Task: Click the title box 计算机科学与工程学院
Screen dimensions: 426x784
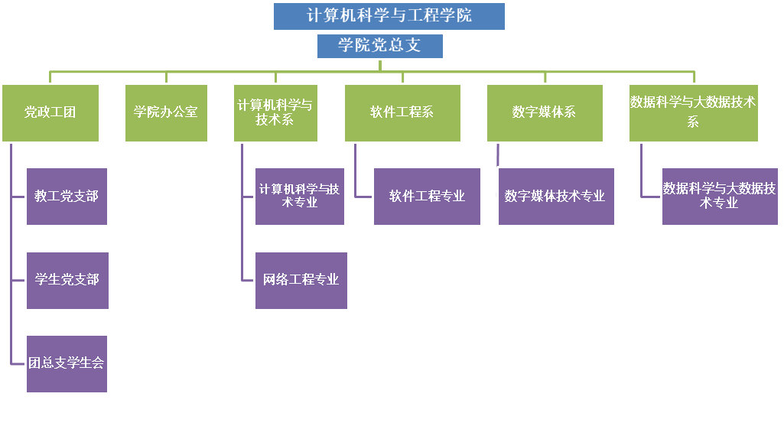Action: pyautogui.click(x=389, y=16)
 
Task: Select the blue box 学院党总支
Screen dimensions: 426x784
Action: pyautogui.click(x=380, y=46)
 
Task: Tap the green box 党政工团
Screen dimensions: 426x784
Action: pyautogui.click(x=50, y=112)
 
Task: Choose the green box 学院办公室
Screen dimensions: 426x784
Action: pyautogui.click(x=166, y=112)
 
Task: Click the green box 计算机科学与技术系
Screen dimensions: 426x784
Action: pyautogui.click(x=275, y=112)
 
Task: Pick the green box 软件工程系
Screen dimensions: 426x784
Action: pyautogui.click(x=402, y=112)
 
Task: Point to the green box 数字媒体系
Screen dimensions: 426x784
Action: pyautogui.click(x=545, y=112)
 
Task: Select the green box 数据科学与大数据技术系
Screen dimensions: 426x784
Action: pyautogui.click(x=693, y=112)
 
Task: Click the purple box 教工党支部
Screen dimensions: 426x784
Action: pyautogui.click(x=67, y=197)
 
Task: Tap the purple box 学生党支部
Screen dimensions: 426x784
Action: pyautogui.click(x=67, y=280)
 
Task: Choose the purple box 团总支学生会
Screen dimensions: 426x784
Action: pyautogui.click(x=67, y=363)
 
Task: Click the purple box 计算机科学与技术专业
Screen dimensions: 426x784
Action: pyautogui.click(x=299, y=197)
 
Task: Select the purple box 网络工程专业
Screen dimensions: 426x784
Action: pyautogui.click(x=301, y=280)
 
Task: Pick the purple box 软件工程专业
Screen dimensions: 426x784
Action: pyautogui.click(x=427, y=197)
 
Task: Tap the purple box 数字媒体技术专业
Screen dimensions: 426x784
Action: pyautogui.click(x=556, y=197)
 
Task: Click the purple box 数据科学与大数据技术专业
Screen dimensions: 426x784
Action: pyautogui.click(x=720, y=197)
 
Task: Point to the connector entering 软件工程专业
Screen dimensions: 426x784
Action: pyautogui.click(x=364, y=197)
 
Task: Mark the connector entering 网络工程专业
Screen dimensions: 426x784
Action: pyautogui.click(x=248, y=280)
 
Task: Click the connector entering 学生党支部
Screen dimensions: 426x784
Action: pyautogui.click(x=19, y=280)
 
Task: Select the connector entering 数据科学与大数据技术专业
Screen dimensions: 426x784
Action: pyautogui.click(x=652, y=197)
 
